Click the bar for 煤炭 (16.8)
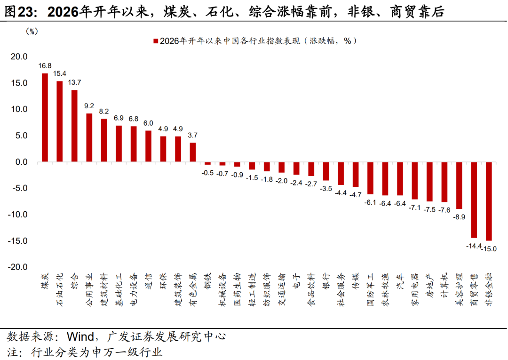point(45,118)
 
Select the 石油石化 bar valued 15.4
point(60,121)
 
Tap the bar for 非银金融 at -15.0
point(489,201)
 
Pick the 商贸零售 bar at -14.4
point(474,200)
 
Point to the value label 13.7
point(74,82)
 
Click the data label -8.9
point(459,217)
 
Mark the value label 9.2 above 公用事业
point(89,106)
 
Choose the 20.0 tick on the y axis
point(19,57)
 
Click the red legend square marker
point(155,41)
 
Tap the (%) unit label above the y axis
point(32,32)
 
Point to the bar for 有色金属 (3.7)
point(193,152)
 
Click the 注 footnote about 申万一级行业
point(85,352)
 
